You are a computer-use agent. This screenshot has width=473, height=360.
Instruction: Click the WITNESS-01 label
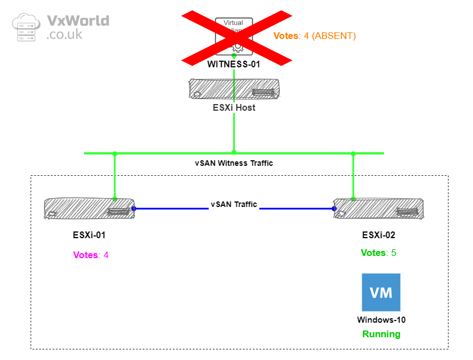pos(234,64)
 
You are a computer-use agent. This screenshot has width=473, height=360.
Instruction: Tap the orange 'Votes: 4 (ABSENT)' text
pos(314,36)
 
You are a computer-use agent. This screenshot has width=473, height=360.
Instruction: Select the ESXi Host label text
pos(234,107)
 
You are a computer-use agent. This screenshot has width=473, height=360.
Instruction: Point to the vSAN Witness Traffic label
pos(234,163)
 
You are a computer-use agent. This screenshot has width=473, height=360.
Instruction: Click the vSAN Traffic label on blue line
pos(234,204)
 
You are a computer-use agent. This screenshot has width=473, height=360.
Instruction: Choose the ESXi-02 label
pos(378,235)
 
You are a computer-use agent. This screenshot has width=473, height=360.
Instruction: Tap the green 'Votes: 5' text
pos(378,253)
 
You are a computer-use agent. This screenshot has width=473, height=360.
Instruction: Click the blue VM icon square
pos(381,292)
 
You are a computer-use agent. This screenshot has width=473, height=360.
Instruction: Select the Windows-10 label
pos(381,320)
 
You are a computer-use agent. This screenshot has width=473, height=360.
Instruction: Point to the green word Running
pos(381,334)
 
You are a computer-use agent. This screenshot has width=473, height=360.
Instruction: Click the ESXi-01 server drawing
pos(89,209)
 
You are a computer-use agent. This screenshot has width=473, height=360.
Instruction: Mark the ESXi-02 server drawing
pos(378,209)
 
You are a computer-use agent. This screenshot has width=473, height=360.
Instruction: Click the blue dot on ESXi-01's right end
pos(134,209)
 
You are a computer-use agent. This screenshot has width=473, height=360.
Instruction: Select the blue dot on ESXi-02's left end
pos(334,209)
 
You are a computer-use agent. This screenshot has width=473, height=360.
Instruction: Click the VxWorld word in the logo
pos(78,21)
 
